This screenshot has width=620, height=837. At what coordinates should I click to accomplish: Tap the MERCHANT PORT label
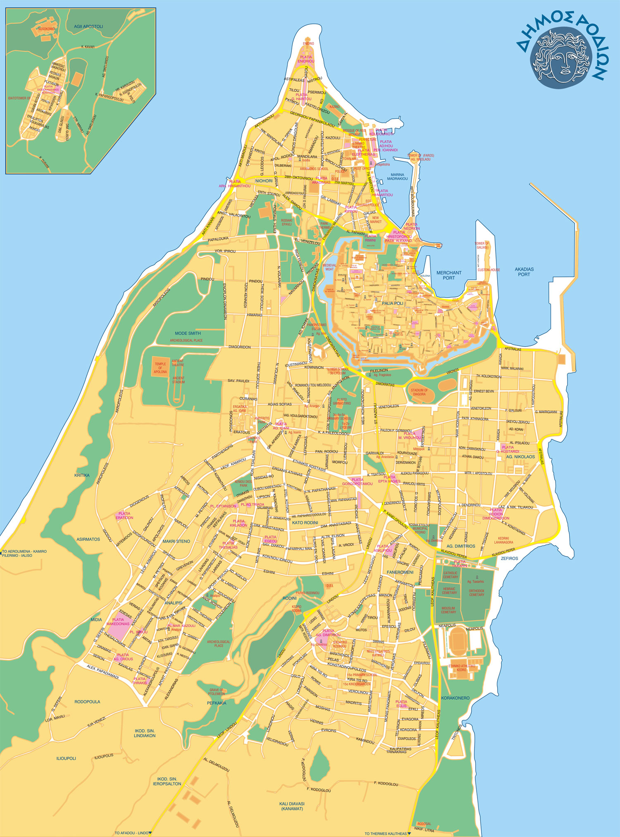tap(448, 275)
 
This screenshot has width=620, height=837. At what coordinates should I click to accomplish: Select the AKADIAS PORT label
tap(524, 271)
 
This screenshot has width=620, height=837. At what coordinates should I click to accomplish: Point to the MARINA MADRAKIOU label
tap(397, 177)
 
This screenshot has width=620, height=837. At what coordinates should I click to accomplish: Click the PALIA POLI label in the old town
tap(392, 303)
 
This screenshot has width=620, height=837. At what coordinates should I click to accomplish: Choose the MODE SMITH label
tap(188, 333)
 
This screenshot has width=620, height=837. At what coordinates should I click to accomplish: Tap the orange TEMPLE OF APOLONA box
tap(161, 368)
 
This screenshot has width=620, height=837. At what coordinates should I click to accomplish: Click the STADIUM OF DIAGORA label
tap(419, 392)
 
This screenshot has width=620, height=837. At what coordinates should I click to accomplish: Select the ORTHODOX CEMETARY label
tap(476, 592)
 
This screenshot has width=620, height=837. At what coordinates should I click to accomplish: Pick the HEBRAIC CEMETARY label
tap(449, 590)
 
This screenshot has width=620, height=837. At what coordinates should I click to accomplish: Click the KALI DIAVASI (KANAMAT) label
tap(291, 804)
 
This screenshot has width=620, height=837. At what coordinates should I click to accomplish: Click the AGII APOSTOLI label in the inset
tap(88, 26)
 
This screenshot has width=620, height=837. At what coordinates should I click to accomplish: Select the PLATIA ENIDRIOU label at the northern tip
tap(306, 59)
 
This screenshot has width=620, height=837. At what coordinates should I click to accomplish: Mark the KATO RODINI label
tap(305, 523)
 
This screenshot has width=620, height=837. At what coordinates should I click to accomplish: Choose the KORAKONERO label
tap(455, 698)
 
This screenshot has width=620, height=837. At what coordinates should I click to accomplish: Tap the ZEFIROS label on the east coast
tap(509, 558)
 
